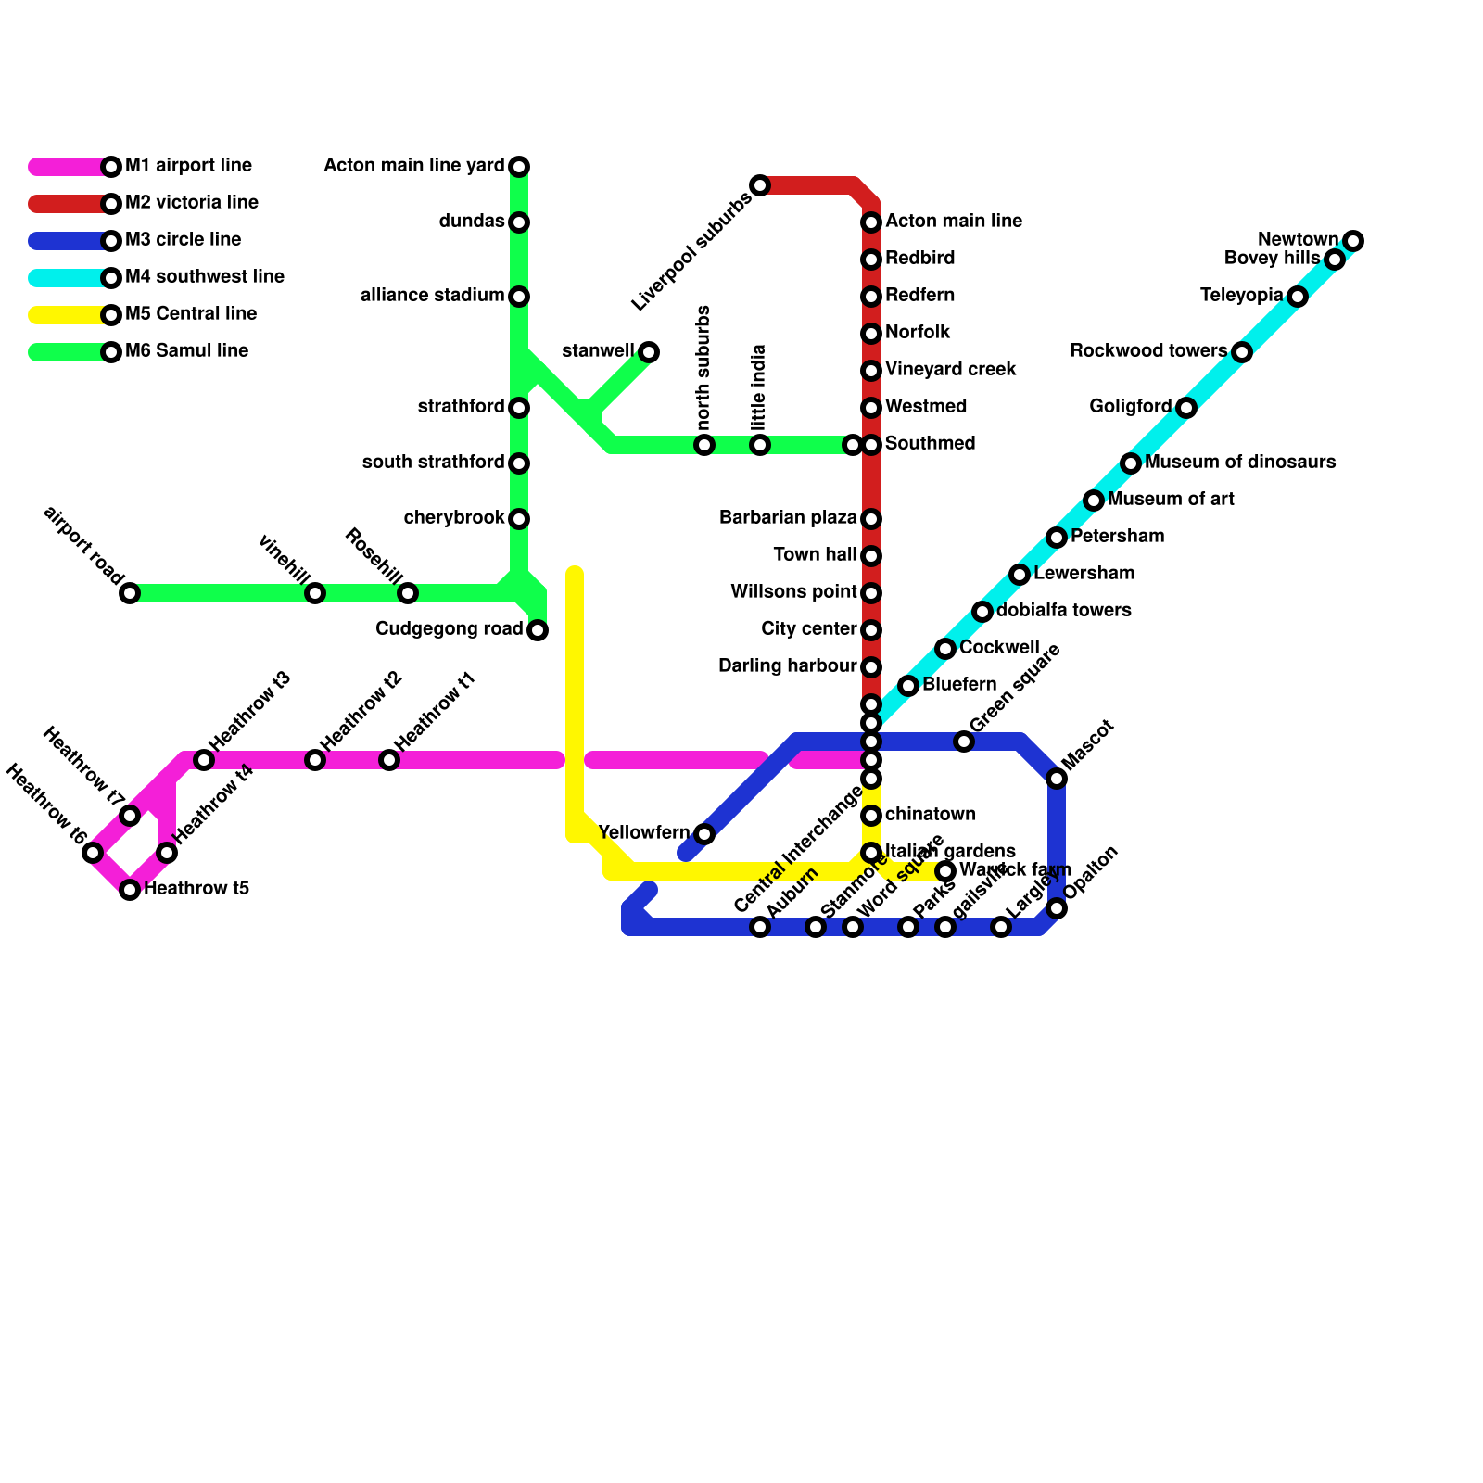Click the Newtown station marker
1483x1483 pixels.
point(1353,241)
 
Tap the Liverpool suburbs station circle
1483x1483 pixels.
point(760,185)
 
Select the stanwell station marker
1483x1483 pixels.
point(649,352)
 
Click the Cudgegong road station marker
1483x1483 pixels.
point(538,630)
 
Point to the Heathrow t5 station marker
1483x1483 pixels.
point(130,890)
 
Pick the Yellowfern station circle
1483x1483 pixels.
point(704,834)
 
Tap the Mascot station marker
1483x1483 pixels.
point(1057,779)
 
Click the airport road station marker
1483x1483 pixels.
point(130,593)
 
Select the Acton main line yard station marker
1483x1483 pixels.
point(519,167)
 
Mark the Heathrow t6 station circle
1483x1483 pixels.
point(93,853)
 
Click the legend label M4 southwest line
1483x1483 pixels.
point(205,277)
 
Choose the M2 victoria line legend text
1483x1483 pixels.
point(192,203)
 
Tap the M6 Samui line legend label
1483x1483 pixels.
point(186,351)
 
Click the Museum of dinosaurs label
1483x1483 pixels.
point(1240,463)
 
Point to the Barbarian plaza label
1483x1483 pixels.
point(788,518)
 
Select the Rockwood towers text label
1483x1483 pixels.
point(1147,351)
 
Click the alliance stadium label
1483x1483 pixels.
point(432,296)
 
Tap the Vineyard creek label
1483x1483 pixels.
point(951,370)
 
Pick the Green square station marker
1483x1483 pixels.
point(964,741)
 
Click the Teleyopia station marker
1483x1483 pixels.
point(1298,297)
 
